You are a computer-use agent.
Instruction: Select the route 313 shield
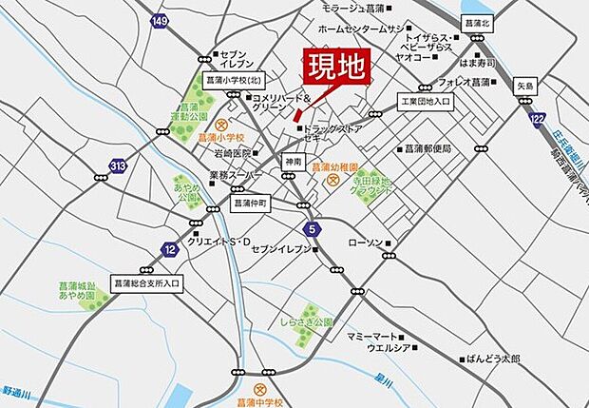coord(117,166)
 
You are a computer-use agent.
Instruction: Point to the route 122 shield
coord(538,118)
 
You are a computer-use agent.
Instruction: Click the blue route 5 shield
coord(313,229)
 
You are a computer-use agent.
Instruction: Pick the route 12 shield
coord(169,249)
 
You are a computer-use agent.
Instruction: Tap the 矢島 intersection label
coord(526,84)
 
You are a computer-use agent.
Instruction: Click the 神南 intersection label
coord(292,163)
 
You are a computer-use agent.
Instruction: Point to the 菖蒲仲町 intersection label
coord(252,203)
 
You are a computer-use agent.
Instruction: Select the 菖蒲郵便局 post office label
coord(427,149)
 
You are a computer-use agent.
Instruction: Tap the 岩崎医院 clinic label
coord(231,153)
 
